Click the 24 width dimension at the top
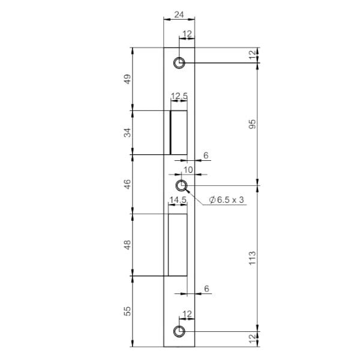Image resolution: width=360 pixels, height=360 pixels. (x=179, y=14)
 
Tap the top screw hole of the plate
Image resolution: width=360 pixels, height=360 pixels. (x=179, y=62)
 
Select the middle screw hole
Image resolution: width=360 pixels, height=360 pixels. (x=181, y=185)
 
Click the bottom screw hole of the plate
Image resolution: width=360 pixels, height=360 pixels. (x=179, y=331)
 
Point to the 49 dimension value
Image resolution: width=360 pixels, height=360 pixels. (x=127, y=79)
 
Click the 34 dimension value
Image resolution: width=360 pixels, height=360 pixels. (x=127, y=133)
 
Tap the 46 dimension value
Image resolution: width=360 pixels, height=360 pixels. (x=127, y=184)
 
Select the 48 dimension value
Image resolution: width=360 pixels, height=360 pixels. (x=127, y=245)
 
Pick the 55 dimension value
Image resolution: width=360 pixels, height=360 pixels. (x=127, y=311)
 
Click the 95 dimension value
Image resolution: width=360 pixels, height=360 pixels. (x=253, y=124)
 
